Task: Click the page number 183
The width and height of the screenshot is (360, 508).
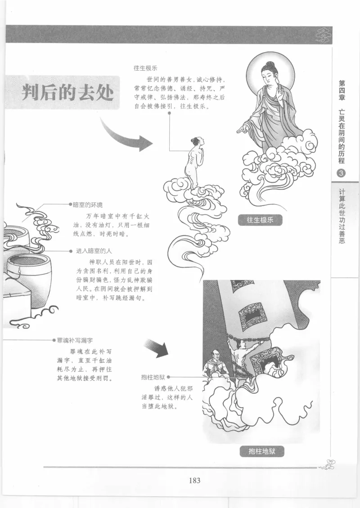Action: tap(194, 480)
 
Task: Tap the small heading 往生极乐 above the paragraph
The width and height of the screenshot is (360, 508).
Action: tap(145, 69)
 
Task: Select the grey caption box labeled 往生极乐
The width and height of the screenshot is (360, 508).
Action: tap(261, 220)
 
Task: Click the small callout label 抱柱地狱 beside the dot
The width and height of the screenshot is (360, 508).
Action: tap(153, 378)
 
